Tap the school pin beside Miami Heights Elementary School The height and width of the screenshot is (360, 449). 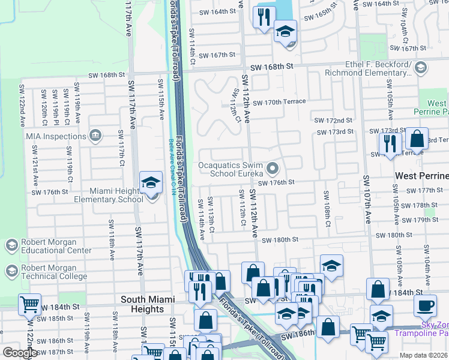click(x=151, y=182)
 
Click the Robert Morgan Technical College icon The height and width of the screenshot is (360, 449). click(x=11, y=272)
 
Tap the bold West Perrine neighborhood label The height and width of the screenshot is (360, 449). click(x=421, y=176)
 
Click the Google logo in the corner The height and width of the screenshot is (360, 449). click(x=20, y=353)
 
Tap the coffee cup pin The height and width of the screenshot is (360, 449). click(x=425, y=305)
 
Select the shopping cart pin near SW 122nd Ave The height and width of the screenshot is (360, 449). click(x=29, y=305)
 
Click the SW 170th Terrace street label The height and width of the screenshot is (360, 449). click(x=279, y=102)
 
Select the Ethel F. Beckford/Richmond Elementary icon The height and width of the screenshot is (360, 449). click(x=420, y=67)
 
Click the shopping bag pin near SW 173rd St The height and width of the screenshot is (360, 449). click(x=417, y=140)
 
